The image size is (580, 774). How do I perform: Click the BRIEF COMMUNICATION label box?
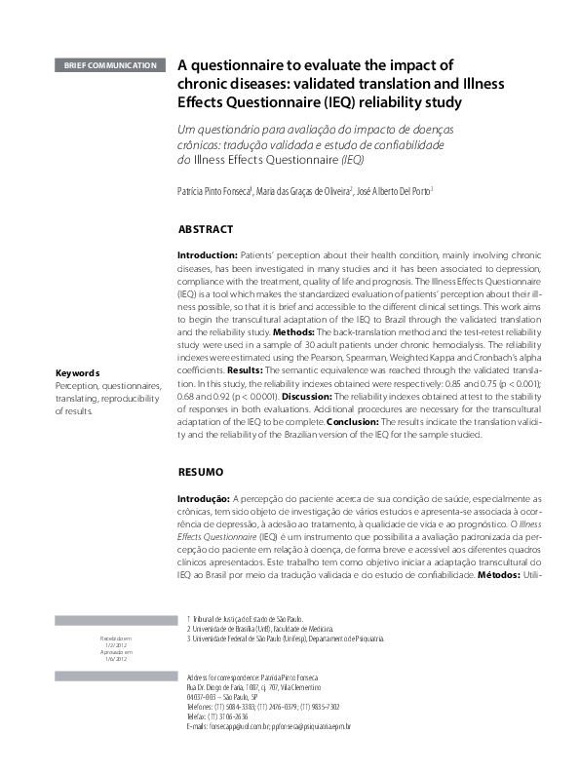[109, 66]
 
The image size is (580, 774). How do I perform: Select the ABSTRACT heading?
[206, 230]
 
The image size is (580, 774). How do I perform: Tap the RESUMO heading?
[201, 471]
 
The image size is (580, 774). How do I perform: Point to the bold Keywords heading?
[78, 373]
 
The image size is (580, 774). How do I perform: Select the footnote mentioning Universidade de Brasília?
[263, 629]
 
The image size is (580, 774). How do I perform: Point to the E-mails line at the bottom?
[267, 727]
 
